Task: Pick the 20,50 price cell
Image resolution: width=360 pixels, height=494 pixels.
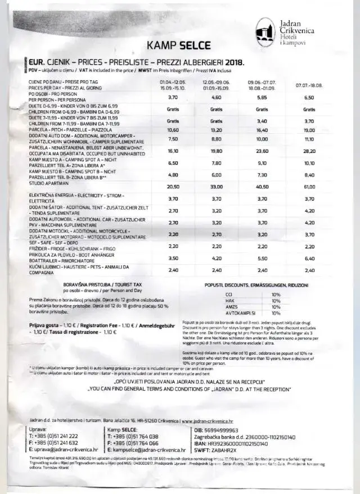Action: (173, 187)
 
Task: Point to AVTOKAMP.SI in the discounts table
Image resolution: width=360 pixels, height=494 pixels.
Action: (236, 313)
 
